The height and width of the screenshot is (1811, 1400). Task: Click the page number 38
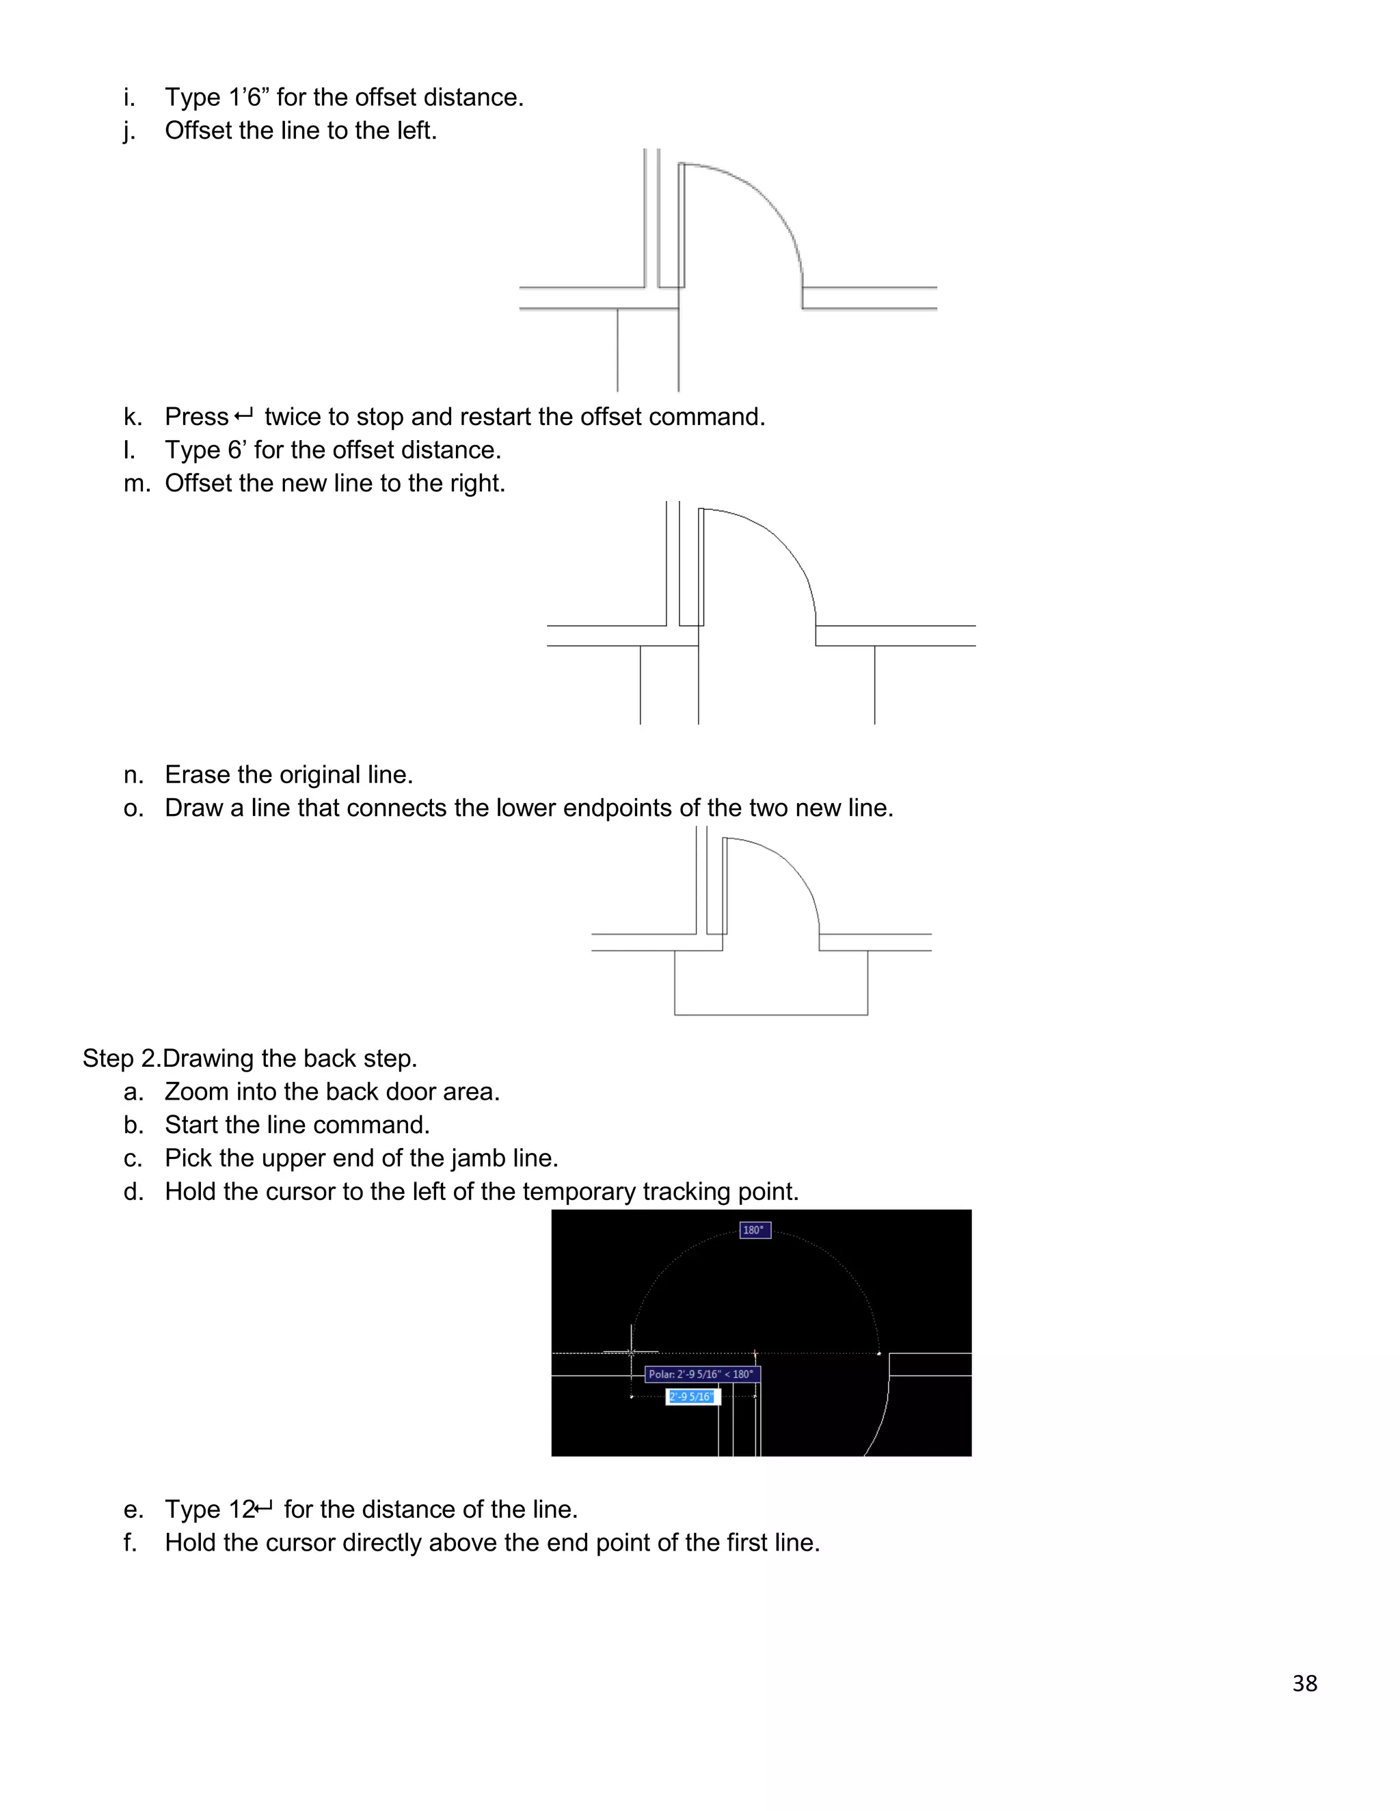tap(1304, 1683)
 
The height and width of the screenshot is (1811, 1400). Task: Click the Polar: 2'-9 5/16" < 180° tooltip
tap(701, 1374)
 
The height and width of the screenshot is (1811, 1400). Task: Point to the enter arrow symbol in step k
tap(245, 415)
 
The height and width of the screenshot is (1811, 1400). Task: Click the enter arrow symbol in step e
tap(264, 1507)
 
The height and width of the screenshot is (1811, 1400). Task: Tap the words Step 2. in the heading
tap(120, 1058)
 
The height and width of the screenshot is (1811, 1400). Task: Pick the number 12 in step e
tap(241, 1509)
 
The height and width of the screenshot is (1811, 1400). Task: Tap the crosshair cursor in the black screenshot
tap(632, 1352)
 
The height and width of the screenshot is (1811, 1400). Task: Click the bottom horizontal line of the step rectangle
tap(770, 1014)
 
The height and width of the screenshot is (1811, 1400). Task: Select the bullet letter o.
tap(133, 808)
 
